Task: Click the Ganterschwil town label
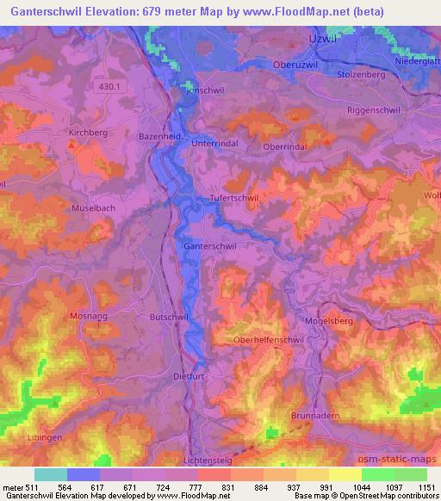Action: click(210, 245)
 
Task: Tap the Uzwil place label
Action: click(320, 40)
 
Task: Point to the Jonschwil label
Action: click(203, 90)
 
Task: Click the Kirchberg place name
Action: click(87, 133)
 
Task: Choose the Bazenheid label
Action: click(158, 136)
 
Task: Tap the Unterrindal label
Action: click(214, 143)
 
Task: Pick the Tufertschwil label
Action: click(235, 198)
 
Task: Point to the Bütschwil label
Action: click(169, 318)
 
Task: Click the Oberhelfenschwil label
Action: click(271, 340)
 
